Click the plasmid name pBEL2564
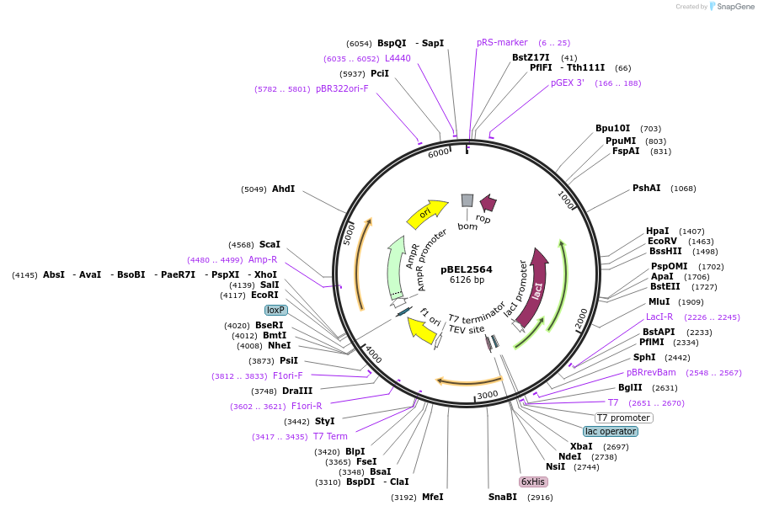point(466,269)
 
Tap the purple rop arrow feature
point(488,203)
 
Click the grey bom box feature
point(467,200)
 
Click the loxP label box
point(276,310)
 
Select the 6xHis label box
point(533,482)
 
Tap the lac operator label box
point(611,431)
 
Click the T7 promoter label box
point(623,418)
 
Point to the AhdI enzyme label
point(283,189)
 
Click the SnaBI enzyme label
point(503,497)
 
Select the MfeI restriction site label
point(432,497)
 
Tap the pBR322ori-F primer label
point(342,88)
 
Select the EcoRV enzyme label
point(662,241)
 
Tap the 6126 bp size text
point(466,280)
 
